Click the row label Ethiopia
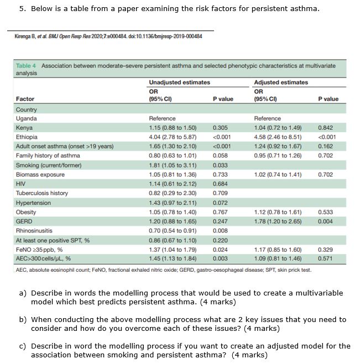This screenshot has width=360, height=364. tap(27, 137)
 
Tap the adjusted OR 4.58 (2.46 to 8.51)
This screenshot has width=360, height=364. tap(277, 137)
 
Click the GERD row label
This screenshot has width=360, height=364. tap(24, 221)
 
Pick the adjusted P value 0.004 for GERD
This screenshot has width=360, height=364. tap(326, 221)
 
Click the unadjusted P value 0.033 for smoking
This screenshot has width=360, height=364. tap(220, 165)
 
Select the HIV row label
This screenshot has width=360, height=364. tap(20, 184)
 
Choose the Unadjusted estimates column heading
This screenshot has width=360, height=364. tap(179, 82)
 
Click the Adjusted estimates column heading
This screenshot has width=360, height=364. tap(280, 82)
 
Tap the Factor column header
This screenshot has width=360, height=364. tap(25, 99)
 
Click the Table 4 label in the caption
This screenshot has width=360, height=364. tap(27, 66)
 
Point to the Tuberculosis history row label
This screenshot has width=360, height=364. tap(41, 193)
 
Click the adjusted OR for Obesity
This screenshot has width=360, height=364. tap(277, 212)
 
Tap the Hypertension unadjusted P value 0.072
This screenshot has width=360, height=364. tap(220, 203)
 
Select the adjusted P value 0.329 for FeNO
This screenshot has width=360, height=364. tap(326, 250)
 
